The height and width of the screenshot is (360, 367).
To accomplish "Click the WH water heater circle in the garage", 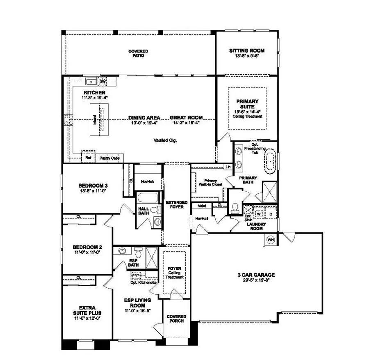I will click(270, 240).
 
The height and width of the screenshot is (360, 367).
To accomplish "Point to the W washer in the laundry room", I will click(259, 214).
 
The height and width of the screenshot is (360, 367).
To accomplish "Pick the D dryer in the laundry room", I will click(270, 214).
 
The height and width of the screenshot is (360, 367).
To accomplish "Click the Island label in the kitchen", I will click(94, 120).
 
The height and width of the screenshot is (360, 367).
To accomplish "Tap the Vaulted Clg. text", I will click(166, 140).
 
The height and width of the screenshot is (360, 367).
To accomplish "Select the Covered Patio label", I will click(138, 53).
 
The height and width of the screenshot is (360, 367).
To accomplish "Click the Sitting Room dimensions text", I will click(246, 56).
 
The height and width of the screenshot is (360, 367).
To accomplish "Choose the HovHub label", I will click(147, 181).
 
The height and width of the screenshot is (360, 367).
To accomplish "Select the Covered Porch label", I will click(176, 319).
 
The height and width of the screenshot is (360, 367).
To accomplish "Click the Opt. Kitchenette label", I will click(143, 282).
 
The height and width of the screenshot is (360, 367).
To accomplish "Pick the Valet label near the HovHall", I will click(201, 206).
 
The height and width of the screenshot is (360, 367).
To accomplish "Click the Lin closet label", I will click(228, 167).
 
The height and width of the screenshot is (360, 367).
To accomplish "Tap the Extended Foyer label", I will click(177, 205).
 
